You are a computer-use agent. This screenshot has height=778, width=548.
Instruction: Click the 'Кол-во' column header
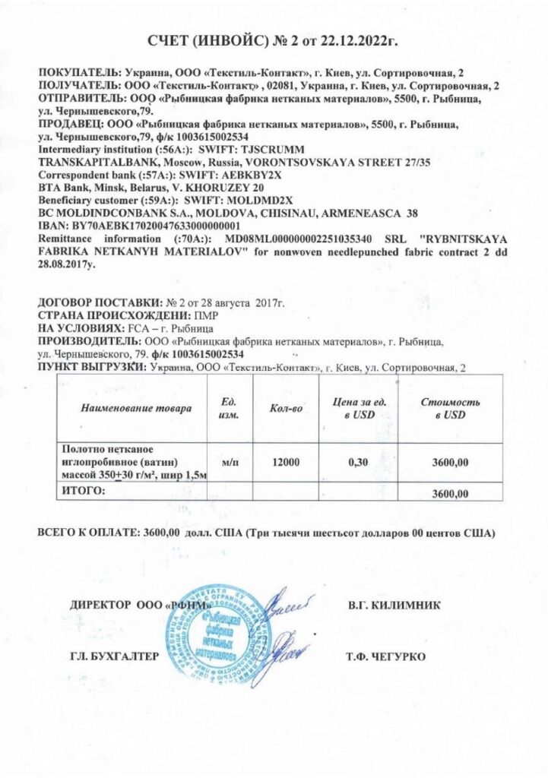[287, 409]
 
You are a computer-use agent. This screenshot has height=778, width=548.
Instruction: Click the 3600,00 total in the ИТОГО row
[449, 494]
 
